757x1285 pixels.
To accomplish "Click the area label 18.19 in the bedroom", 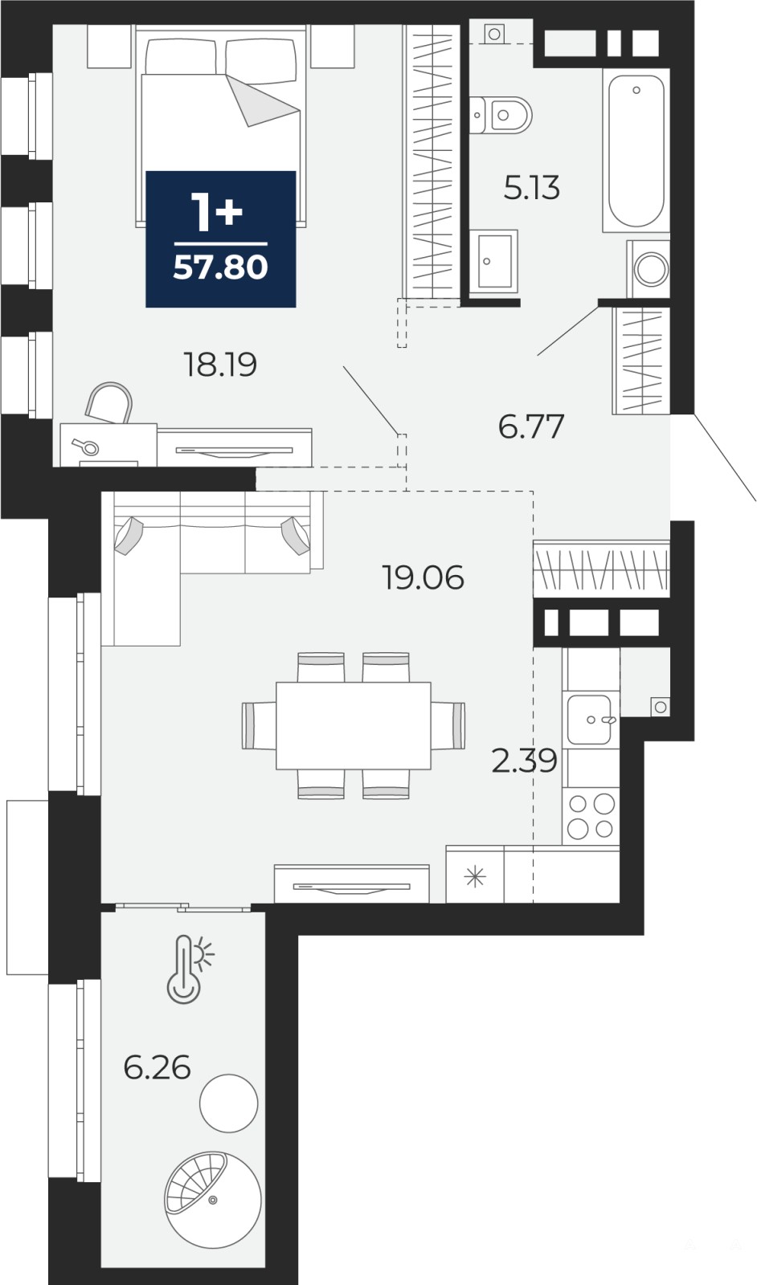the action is (x=220, y=365).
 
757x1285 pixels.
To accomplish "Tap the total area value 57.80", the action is (x=220, y=267).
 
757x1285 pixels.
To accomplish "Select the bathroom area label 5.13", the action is (x=531, y=188).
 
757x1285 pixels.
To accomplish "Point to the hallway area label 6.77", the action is (x=531, y=426).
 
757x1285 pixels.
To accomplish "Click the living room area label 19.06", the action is (x=423, y=577).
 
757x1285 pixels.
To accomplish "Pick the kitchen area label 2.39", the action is (x=524, y=761).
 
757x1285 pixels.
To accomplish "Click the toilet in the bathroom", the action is (x=501, y=116).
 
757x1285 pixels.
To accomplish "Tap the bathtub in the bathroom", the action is (x=636, y=150).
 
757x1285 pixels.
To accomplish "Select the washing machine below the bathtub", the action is (x=649, y=269).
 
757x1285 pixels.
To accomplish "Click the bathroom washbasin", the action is (x=493, y=260).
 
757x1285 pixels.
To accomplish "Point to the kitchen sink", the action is (x=591, y=720).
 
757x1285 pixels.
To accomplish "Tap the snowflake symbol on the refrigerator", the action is (x=475, y=877).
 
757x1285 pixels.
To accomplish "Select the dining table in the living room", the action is (x=353, y=725).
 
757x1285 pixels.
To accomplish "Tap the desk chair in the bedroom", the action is (x=109, y=402).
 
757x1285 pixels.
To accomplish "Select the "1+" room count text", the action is (x=216, y=212).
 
